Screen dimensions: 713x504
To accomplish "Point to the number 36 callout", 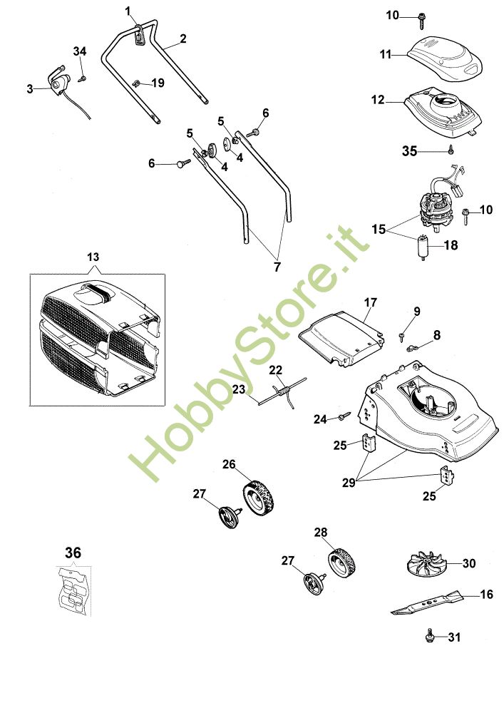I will point(73,553).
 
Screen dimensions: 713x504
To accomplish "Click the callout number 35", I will point(409,151).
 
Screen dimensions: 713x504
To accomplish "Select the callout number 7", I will point(277,266).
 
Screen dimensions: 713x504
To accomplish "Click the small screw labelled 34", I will point(83,71).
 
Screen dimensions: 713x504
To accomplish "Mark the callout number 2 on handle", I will point(183,39).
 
